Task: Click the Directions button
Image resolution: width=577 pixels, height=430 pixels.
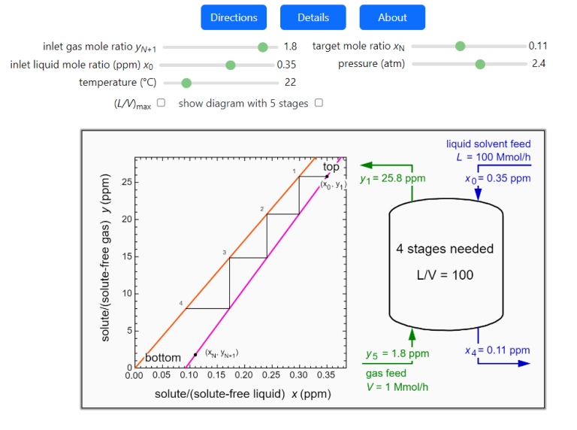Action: (234, 17)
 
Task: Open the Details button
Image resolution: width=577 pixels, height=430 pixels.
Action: (313, 17)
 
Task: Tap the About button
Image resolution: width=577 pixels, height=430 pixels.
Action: (392, 17)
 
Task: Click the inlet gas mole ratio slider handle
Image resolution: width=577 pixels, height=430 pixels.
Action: (263, 47)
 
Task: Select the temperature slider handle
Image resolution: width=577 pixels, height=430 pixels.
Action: (186, 83)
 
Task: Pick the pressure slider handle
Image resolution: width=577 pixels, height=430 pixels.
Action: (480, 65)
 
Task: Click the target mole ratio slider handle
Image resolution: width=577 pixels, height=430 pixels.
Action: (461, 47)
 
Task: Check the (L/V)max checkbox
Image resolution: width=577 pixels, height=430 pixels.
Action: (161, 103)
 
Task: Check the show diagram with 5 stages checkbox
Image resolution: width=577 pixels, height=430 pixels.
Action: (319, 103)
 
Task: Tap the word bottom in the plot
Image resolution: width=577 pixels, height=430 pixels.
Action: (162, 357)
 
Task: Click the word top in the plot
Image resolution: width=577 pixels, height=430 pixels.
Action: (331, 167)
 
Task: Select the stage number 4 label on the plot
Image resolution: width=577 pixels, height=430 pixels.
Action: (181, 304)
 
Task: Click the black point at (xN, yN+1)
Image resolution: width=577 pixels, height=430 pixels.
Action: (195, 354)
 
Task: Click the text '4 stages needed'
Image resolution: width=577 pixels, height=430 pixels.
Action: (445, 249)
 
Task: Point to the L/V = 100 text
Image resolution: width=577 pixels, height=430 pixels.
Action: (445, 275)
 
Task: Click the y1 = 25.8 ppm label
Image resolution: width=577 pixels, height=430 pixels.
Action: (393, 180)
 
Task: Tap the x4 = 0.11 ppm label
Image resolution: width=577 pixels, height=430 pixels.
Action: (497, 350)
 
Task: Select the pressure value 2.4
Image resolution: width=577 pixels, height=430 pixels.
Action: (539, 64)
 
